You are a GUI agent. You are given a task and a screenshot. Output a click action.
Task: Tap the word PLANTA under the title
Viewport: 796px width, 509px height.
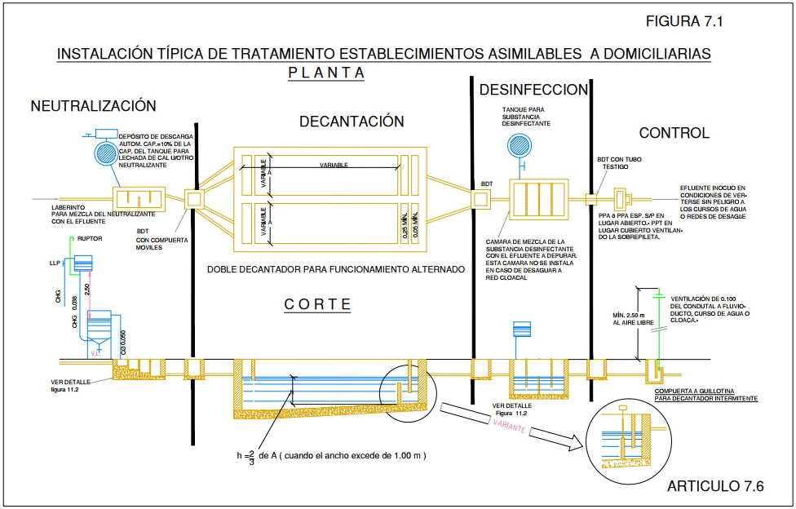point(326,73)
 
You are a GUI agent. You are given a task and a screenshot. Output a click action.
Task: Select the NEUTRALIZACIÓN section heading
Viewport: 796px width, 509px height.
point(93,106)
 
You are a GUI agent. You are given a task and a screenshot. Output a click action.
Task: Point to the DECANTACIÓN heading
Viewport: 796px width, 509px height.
point(352,122)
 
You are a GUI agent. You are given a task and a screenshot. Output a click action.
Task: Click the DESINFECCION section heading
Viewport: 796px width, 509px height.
point(533,90)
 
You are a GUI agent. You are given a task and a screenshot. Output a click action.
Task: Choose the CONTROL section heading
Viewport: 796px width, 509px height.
point(674,133)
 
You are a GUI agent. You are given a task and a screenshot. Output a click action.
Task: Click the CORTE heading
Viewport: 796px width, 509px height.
point(317,304)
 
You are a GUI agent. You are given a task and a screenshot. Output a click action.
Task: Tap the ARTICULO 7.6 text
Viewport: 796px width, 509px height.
point(715,487)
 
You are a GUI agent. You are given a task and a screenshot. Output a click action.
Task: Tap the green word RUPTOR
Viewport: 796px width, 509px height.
point(90,239)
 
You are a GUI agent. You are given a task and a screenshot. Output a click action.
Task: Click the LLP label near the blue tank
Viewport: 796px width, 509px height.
point(55,263)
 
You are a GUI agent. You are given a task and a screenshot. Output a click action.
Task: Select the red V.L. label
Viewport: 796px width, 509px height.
point(97,353)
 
